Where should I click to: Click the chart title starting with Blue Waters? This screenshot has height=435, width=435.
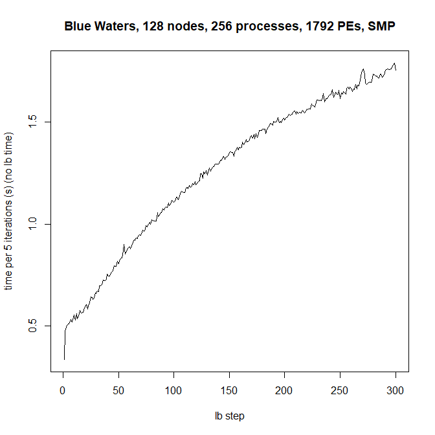[230, 27]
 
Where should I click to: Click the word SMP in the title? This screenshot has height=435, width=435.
[381, 27]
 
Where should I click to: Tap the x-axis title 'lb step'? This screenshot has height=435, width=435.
[230, 416]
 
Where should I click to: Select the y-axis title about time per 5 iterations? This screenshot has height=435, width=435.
[9, 212]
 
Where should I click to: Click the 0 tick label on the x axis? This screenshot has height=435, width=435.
[63, 391]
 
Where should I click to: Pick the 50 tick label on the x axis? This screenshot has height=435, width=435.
[118, 391]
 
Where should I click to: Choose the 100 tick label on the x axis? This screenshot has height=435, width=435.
[174, 391]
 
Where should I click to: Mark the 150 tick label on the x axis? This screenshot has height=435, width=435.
[230, 391]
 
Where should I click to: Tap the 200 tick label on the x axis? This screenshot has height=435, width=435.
[285, 391]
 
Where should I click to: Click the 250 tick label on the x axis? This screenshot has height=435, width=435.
[340, 391]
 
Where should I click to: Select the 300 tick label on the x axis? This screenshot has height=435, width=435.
[396, 391]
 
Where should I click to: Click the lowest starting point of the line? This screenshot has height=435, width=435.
[64, 359]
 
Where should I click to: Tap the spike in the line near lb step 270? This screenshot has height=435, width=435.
[363, 69]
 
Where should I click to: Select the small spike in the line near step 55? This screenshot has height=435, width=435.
[124, 245]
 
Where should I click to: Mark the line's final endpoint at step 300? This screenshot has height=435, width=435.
[396, 69]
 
